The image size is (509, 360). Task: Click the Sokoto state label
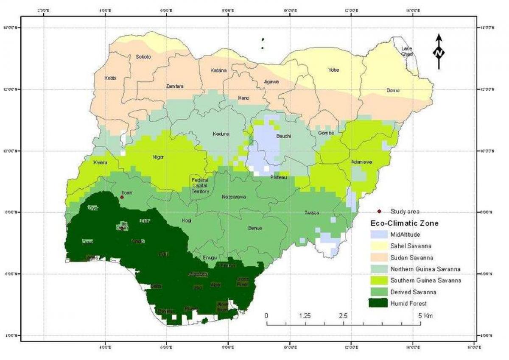pyautogui.click(x=143, y=57)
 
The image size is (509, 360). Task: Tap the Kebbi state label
pyautogui.click(x=110, y=78)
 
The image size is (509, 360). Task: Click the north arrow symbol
pyautogui.click(x=439, y=52)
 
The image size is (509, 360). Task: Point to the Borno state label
pyautogui.click(x=393, y=90)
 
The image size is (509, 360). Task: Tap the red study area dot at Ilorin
pyautogui.click(x=122, y=197)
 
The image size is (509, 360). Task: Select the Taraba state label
pyautogui.click(x=312, y=213)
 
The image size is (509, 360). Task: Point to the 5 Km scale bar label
pyautogui.click(x=425, y=316)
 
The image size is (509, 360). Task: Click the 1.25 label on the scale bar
pyautogui.click(x=305, y=316)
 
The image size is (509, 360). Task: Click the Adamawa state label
pyautogui.click(x=361, y=162)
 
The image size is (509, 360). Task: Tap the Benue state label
pyautogui.click(x=255, y=228)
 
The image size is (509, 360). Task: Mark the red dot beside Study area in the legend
pyautogui.click(x=379, y=211)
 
